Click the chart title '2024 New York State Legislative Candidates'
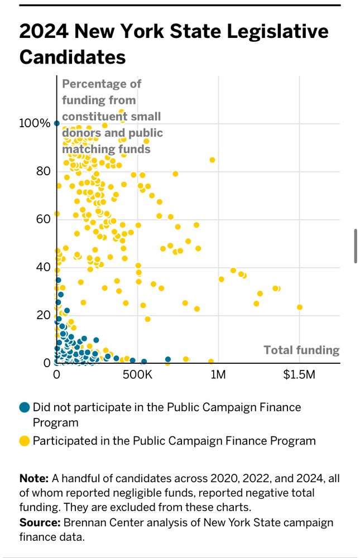click(x=174, y=44)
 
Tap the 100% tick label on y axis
click(x=35, y=123)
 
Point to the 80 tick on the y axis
click(x=43, y=171)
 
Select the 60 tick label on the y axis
click(x=43, y=219)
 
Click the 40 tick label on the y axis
click(x=43, y=267)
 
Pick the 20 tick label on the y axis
click(x=43, y=315)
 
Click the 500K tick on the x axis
click(x=137, y=374)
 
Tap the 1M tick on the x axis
click(x=218, y=374)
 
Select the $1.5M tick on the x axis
click(x=299, y=374)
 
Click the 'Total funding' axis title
click(x=301, y=350)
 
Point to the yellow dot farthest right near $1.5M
click(x=300, y=307)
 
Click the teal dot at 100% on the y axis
click(x=56, y=123)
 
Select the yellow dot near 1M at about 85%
click(x=212, y=160)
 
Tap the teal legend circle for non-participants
click(x=24, y=407)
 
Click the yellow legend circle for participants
click(x=24, y=441)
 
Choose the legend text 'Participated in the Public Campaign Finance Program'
click(x=174, y=441)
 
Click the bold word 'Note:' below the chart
click(x=34, y=479)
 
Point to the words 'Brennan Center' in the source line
click(x=96, y=523)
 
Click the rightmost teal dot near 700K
click(x=168, y=359)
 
